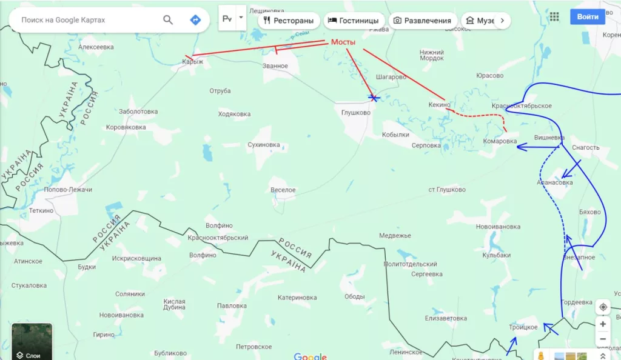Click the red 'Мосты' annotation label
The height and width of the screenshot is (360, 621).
[343, 42]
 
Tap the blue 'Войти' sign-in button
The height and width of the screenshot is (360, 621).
[587, 17]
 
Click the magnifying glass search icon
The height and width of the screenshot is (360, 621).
[168, 20]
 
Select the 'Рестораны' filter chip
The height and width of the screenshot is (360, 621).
[289, 21]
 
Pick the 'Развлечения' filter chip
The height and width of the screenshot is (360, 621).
[422, 21]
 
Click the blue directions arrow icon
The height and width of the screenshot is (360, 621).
[195, 20]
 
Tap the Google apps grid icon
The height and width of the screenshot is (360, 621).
[554, 17]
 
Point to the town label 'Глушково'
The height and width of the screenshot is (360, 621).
[356, 112]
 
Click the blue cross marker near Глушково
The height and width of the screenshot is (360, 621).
[374, 98]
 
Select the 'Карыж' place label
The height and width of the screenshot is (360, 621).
[193, 62]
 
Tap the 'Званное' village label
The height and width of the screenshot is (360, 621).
[275, 65]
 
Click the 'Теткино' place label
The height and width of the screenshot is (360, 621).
[41, 210]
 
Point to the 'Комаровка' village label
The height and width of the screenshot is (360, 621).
[500, 141]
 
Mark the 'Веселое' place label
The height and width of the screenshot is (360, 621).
[283, 190]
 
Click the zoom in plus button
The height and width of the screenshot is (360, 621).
[603, 324]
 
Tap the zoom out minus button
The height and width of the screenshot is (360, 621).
[603, 339]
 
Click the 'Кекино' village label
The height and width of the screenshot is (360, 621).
[439, 105]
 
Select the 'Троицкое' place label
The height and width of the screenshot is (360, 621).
[523, 327]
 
